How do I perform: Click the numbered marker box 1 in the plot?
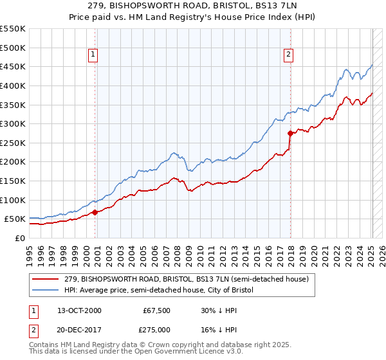[94, 55]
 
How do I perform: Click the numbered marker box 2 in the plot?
[289, 55]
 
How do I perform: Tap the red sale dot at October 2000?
[95, 212]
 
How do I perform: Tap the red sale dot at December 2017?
[290, 133]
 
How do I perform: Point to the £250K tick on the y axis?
[12, 143]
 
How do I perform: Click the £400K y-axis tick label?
[12, 85]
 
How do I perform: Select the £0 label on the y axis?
[19, 238]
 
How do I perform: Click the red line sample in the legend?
[46, 279]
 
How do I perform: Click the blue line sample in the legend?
[46, 290]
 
